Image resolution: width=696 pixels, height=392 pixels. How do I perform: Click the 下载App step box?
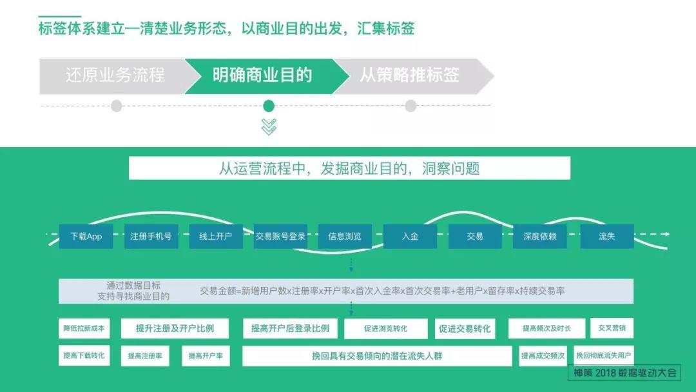click(86, 237)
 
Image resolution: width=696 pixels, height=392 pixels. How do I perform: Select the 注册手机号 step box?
click(151, 237)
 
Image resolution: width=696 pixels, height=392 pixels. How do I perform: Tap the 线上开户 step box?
click(215, 237)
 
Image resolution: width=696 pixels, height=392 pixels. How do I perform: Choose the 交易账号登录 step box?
click(280, 237)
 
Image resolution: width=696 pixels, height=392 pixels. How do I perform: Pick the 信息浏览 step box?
click(345, 237)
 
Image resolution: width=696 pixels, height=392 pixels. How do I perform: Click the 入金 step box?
click(410, 237)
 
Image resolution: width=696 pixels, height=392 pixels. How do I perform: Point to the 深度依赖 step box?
click(539, 237)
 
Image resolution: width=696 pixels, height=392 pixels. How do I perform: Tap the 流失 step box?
click(606, 237)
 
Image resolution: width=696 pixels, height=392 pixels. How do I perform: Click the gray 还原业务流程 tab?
click(115, 75)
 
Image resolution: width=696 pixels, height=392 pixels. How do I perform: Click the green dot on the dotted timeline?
click(269, 106)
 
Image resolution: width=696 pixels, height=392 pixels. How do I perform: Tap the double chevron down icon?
click(269, 126)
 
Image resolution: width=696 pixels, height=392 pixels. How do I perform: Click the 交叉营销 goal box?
click(612, 328)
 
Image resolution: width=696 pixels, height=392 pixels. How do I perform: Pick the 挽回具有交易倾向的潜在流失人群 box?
click(377, 356)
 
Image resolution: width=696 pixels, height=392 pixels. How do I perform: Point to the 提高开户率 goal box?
click(206, 356)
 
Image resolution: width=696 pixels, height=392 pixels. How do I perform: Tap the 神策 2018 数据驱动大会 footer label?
click(625, 373)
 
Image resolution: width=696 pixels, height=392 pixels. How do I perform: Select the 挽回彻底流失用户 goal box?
click(604, 356)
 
